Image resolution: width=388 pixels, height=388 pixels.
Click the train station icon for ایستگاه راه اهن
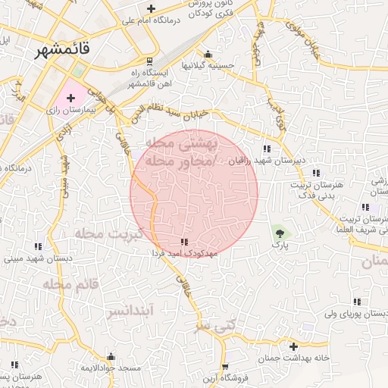tap(149, 61)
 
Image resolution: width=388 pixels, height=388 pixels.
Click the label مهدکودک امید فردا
tap(185, 252)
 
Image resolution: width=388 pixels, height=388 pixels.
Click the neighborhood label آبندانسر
tap(130, 311)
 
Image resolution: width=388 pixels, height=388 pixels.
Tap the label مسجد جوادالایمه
tap(112, 368)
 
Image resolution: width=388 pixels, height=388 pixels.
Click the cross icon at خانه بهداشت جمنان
tap(293, 346)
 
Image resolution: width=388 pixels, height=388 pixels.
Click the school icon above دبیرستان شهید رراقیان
tap(267, 149)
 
